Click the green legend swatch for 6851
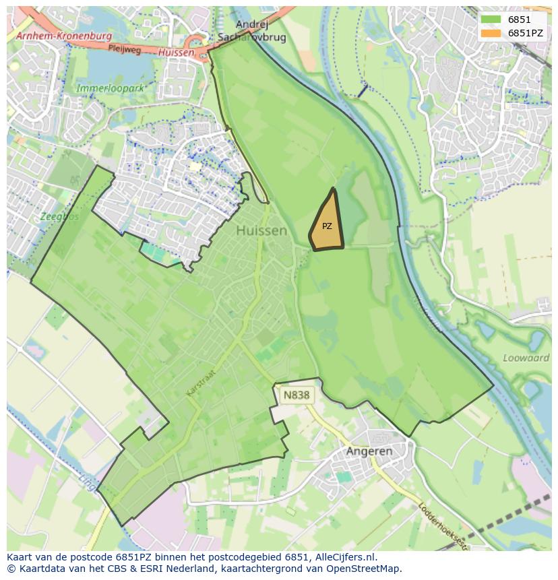(x=491, y=20)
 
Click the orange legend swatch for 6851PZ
(x=491, y=32)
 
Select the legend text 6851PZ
(x=526, y=32)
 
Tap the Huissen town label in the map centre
(x=261, y=230)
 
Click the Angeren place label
(x=369, y=451)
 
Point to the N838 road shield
(x=297, y=395)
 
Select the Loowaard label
(x=526, y=358)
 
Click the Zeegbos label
(x=58, y=218)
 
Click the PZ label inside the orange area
(x=327, y=226)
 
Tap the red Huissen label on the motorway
(x=177, y=52)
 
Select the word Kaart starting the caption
(x=21, y=558)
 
